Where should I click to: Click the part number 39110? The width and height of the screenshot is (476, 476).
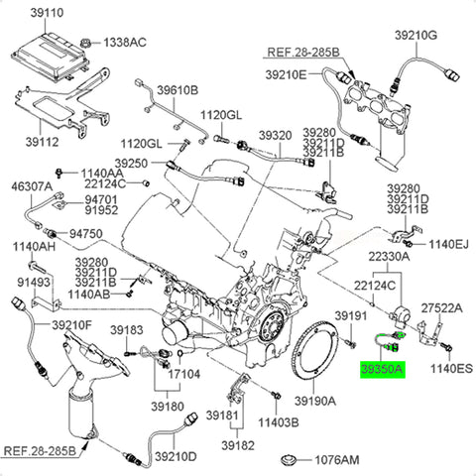click(x=47, y=13)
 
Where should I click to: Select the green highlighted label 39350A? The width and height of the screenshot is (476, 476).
click(x=383, y=369)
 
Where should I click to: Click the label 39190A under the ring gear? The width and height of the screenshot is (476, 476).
click(x=315, y=401)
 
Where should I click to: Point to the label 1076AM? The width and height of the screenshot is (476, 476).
click(x=336, y=460)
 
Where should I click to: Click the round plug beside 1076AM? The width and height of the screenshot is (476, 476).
click(x=289, y=460)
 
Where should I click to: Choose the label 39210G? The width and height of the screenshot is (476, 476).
click(x=416, y=35)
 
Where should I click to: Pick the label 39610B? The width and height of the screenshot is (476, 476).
click(x=178, y=90)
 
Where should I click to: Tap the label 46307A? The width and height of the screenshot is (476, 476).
click(x=32, y=186)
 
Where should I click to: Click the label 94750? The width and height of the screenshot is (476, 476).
click(x=86, y=234)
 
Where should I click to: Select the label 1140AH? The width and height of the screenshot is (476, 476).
click(x=34, y=247)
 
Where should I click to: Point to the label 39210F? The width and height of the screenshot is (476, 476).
click(x=71, y=325)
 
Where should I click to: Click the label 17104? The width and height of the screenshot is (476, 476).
click(x=184, y=374)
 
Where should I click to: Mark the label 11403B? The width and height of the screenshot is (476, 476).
click(x=279, y=422)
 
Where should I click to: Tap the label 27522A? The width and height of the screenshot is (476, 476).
click(x=442, y=308)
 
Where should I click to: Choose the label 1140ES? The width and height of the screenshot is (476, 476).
click(x=451, y=368)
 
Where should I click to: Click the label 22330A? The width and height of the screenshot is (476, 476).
click(x=389, y=257)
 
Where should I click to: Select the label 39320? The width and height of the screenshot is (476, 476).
click(x=276, y=135)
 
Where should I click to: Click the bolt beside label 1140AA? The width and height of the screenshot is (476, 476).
click(x=59, y=173)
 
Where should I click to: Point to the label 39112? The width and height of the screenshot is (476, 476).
click(x=42, y=142)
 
